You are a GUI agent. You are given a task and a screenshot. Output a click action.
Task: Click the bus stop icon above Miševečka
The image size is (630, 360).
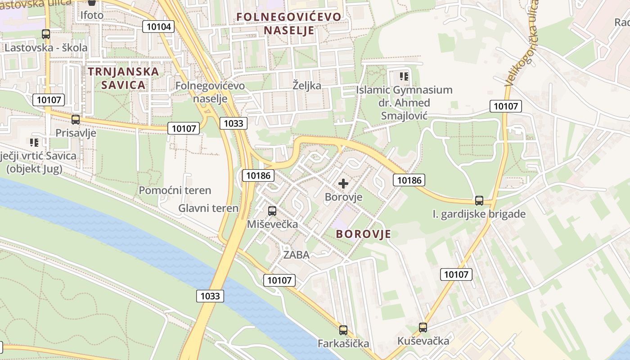[272, 211]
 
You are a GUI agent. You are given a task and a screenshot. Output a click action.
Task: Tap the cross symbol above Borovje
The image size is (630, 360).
[343, 184]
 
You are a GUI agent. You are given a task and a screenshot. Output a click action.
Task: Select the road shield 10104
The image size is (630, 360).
[159, 27]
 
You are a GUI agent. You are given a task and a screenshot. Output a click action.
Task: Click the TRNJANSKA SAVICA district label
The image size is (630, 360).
[123, 78]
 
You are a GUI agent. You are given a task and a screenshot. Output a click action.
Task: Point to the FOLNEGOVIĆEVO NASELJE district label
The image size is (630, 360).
[289, 23]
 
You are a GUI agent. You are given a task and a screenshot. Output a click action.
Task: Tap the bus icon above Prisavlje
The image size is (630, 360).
[76, 119]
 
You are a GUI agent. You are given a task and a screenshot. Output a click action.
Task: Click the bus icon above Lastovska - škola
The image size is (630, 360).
[45, 34]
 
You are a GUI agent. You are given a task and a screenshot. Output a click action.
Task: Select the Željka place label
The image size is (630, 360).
[307, 85]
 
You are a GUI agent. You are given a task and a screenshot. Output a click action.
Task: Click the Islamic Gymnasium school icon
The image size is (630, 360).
[404, 76]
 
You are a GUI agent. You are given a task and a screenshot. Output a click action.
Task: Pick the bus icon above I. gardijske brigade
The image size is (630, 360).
[479, 201]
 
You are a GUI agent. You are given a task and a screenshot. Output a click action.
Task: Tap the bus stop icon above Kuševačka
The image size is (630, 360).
[423, 328]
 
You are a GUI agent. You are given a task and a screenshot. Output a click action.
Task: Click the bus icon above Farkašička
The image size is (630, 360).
[343, 330]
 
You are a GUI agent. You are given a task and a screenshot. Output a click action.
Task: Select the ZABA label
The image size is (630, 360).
[296, 255]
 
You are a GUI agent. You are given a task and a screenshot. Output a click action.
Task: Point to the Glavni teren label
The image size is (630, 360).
[208, 208]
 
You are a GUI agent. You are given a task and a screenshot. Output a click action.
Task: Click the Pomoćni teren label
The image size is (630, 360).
[175, 190]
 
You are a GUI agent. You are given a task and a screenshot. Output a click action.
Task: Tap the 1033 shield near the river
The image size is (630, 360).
[210, 296]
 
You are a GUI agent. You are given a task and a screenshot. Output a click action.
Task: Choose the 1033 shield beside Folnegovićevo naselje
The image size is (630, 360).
[234, 123]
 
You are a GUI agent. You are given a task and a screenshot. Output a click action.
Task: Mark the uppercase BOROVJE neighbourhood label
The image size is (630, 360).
[364, 234]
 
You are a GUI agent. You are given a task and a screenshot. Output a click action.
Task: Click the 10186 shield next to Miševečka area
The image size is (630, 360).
[258, 175]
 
